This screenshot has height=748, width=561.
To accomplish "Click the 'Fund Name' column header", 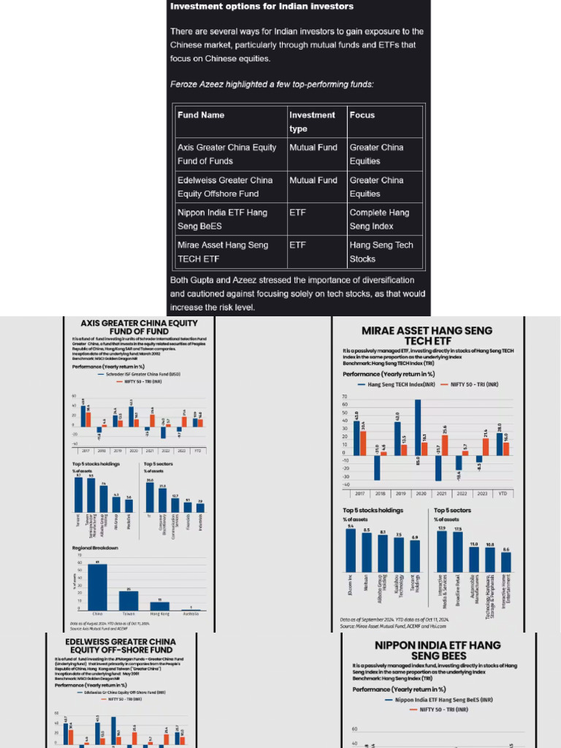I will pos(201,115).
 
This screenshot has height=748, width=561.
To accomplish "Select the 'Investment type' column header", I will pos(312,121).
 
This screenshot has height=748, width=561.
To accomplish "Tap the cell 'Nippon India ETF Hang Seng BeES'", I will pos(222,219).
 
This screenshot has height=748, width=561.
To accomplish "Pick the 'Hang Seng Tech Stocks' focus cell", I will pos(381,252).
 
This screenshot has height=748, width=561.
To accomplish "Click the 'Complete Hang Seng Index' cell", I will pos(379,219).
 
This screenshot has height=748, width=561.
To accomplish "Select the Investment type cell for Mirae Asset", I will pos(297,245).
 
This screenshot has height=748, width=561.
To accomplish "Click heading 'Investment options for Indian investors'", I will pos(262,7).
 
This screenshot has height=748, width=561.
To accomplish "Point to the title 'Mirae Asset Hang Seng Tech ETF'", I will pos(427,336).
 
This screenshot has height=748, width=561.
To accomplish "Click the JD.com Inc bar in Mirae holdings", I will pos(351,550).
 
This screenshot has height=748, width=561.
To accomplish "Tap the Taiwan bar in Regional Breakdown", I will pos(129,600).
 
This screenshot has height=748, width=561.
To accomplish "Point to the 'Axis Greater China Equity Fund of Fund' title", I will pos(129,326).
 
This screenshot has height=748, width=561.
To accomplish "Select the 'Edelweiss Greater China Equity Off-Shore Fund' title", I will pos(120,645).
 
